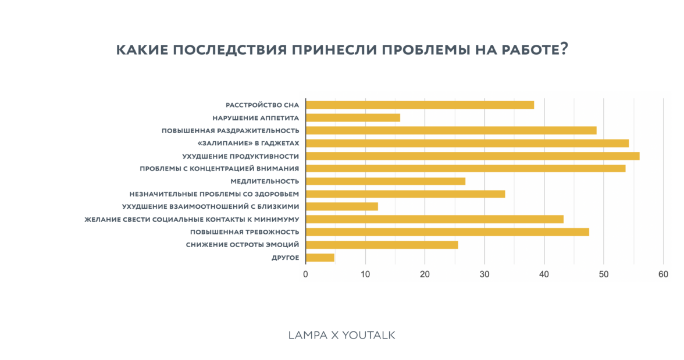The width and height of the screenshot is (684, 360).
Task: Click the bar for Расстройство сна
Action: (x=419, y=105)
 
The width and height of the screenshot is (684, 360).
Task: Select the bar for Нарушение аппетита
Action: (x=352, y=118)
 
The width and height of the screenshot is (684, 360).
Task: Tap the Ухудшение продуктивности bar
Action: (x=472, y=156)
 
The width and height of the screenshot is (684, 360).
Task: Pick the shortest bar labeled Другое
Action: (x=320, y=258)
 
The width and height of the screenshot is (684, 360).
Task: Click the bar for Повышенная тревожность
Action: (x=447, y=232)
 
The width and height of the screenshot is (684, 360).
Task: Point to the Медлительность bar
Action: (x=385, y=181)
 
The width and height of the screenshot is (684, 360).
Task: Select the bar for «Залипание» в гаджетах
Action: (x=467, y=143)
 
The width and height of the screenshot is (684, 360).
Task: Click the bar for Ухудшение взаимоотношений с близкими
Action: (x=341, y=206)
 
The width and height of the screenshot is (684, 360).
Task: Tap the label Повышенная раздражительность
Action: (x=230, y=131)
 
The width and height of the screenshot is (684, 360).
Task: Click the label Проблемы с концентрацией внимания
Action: (x=219, y=169)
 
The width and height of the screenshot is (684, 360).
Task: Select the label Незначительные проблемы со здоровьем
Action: (x=214, y=194)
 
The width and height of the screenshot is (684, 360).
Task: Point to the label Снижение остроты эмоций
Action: (x=243, y=245)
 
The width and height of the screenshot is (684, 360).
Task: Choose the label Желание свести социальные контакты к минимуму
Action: (x=192, y=219)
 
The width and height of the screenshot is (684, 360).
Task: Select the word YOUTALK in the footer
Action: (x=369, y=336)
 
